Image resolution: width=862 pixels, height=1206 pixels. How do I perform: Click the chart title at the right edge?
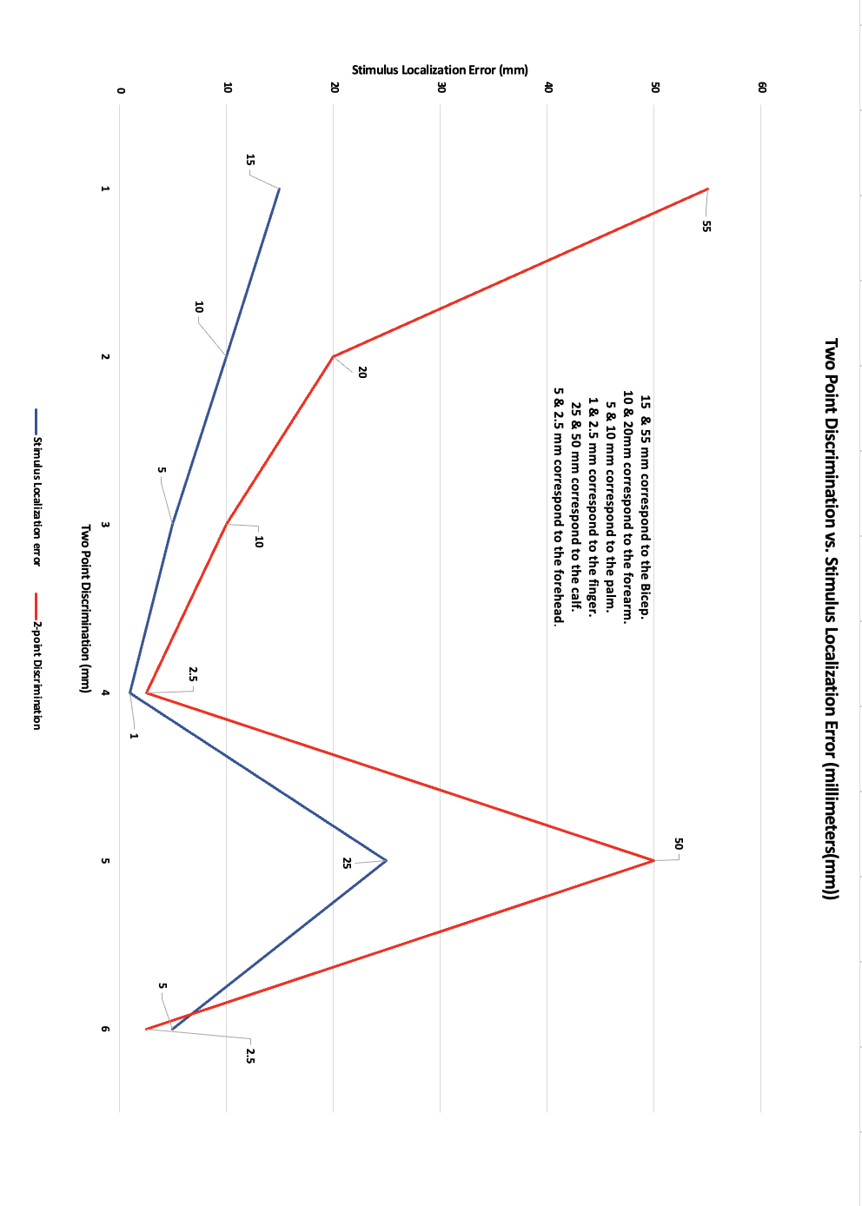point(831,619)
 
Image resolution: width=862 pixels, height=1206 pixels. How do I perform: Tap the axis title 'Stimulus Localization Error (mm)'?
point(440,70)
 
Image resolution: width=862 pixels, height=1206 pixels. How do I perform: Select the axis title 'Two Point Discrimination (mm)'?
point(85,608)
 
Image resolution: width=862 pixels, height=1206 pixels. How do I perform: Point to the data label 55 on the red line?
point(706,226)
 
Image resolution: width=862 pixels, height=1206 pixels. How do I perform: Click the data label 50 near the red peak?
point(679,844)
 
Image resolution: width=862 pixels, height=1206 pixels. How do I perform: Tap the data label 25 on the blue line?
point(347,863)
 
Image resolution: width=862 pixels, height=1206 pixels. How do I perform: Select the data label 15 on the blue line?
point(250,160)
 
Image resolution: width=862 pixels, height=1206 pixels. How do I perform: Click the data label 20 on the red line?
point(362,372)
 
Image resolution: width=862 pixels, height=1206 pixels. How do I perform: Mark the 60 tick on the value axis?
point(762,87)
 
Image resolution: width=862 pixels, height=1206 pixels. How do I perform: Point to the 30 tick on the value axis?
point(441,87)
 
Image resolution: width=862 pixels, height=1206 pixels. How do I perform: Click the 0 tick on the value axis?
point(121,90)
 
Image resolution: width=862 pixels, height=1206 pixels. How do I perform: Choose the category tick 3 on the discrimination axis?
point(105,525)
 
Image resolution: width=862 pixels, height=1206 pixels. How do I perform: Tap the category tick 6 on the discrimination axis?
point(105,1029)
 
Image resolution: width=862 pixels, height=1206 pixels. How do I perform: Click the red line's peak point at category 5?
point(653,860)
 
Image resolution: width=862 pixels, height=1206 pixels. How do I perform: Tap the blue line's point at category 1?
point(279,189)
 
